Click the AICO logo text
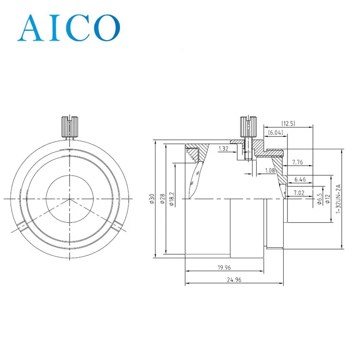pyautogui.click(x=69, y=27)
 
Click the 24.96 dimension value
pyautogui.click(x=233, y=280)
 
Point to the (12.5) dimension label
pyautogui.click(x=288, y=123)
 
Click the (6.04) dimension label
pyautogui.click(x=276, y=132)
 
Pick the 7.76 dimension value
pyautogui.click(x=298, y=162)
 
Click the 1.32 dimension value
pyautogui.click(x=223, y=149)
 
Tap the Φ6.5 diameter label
pyautogui.click(x=320, y=199)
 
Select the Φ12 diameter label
pyautogui.click(x=328, y=199)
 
